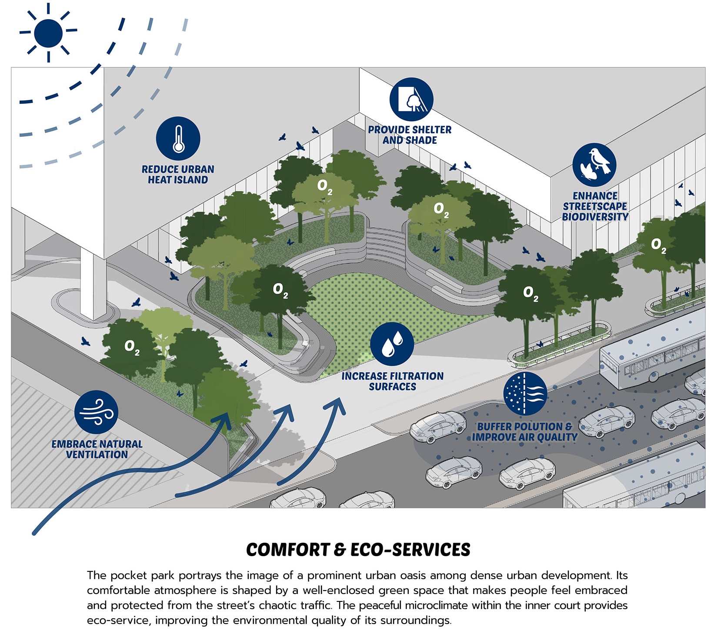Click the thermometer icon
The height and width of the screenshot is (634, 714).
(178, 139)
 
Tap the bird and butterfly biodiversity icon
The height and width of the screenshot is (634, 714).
(594, 165)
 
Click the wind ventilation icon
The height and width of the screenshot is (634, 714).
(96, 412)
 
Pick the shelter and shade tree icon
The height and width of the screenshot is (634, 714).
(411, 100)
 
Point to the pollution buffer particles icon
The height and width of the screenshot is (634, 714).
(525, 393)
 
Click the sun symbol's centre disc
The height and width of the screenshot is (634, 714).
(48, 33)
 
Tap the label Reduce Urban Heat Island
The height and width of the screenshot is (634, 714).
(178, 175)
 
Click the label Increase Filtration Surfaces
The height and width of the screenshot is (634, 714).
(392, 382)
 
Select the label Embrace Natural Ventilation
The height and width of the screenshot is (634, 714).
(97, 449)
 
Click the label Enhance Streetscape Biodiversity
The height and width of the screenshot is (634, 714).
(595, 206)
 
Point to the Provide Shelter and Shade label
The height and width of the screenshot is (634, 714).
(410, 135)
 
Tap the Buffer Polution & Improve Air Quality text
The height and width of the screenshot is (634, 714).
(525, 432)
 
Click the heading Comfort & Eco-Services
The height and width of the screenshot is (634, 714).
(358, 550)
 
